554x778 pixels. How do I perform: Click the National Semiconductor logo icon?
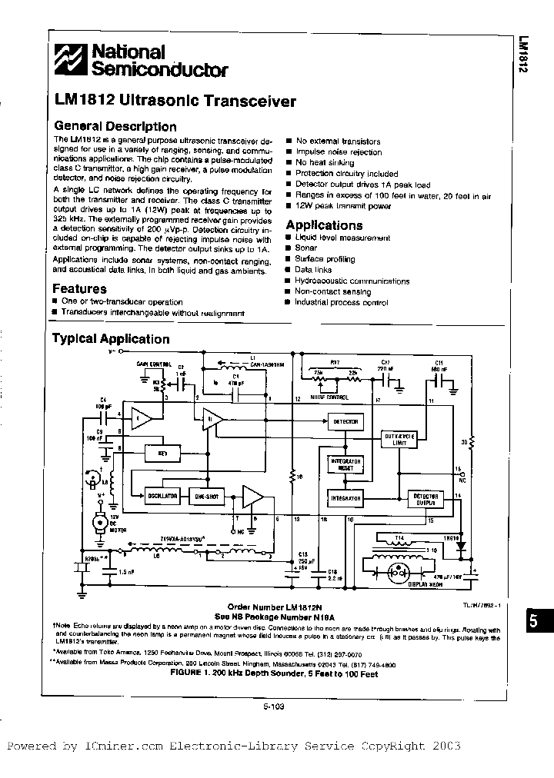click(x=72, y=60)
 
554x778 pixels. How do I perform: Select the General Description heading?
click(x=114, y=127)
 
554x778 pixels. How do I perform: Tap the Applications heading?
click(x=324, y=225)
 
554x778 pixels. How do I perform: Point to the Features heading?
click(x=79, y=289)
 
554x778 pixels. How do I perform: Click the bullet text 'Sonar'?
click(x=306, y=249)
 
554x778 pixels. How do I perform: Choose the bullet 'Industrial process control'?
click(x=342, y=303)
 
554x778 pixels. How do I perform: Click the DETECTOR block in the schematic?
click(x=344, y=421)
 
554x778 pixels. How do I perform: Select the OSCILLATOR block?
click(x=163, y=497)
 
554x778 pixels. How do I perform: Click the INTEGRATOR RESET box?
click(x=345, y=464)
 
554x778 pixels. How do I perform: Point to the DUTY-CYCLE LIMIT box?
click(x=400, y=439)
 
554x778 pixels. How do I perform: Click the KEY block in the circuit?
click(x=163, y=453)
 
